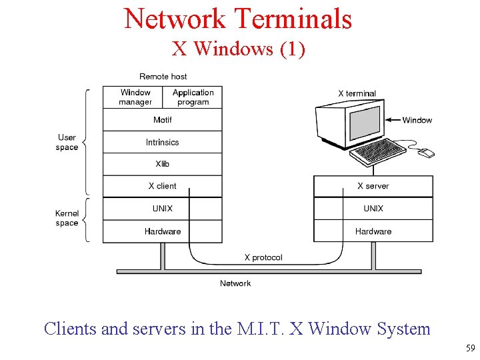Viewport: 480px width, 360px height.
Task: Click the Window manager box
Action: click(x=135, y=97)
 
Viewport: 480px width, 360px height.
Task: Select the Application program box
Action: click(x=193, y=97)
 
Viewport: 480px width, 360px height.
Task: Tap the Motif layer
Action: click(x=162, y=120)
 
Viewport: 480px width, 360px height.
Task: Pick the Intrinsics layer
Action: click(x=162, y=142)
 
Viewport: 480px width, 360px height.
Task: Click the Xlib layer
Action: click(x=162, y=164)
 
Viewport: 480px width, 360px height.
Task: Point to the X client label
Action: click(x=162, y=186)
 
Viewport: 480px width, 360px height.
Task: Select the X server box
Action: click(x=373, y=186)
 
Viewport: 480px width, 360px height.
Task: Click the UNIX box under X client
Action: click(x=162, y=209)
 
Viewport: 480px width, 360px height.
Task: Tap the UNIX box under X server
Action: click(x=373, y=209)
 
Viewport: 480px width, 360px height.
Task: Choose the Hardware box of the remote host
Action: click(x=162, y=231)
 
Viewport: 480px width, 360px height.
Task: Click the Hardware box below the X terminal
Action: click(x=373, y=231)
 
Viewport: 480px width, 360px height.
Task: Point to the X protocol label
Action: click(x=263, y=257)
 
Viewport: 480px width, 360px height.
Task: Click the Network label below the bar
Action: click(x=235, y=283)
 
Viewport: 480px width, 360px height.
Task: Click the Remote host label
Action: click(x=163, y=77)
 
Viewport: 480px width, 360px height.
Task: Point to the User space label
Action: click(x=67, y=143)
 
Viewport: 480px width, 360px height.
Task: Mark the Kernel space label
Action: click(x=67, y=219)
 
